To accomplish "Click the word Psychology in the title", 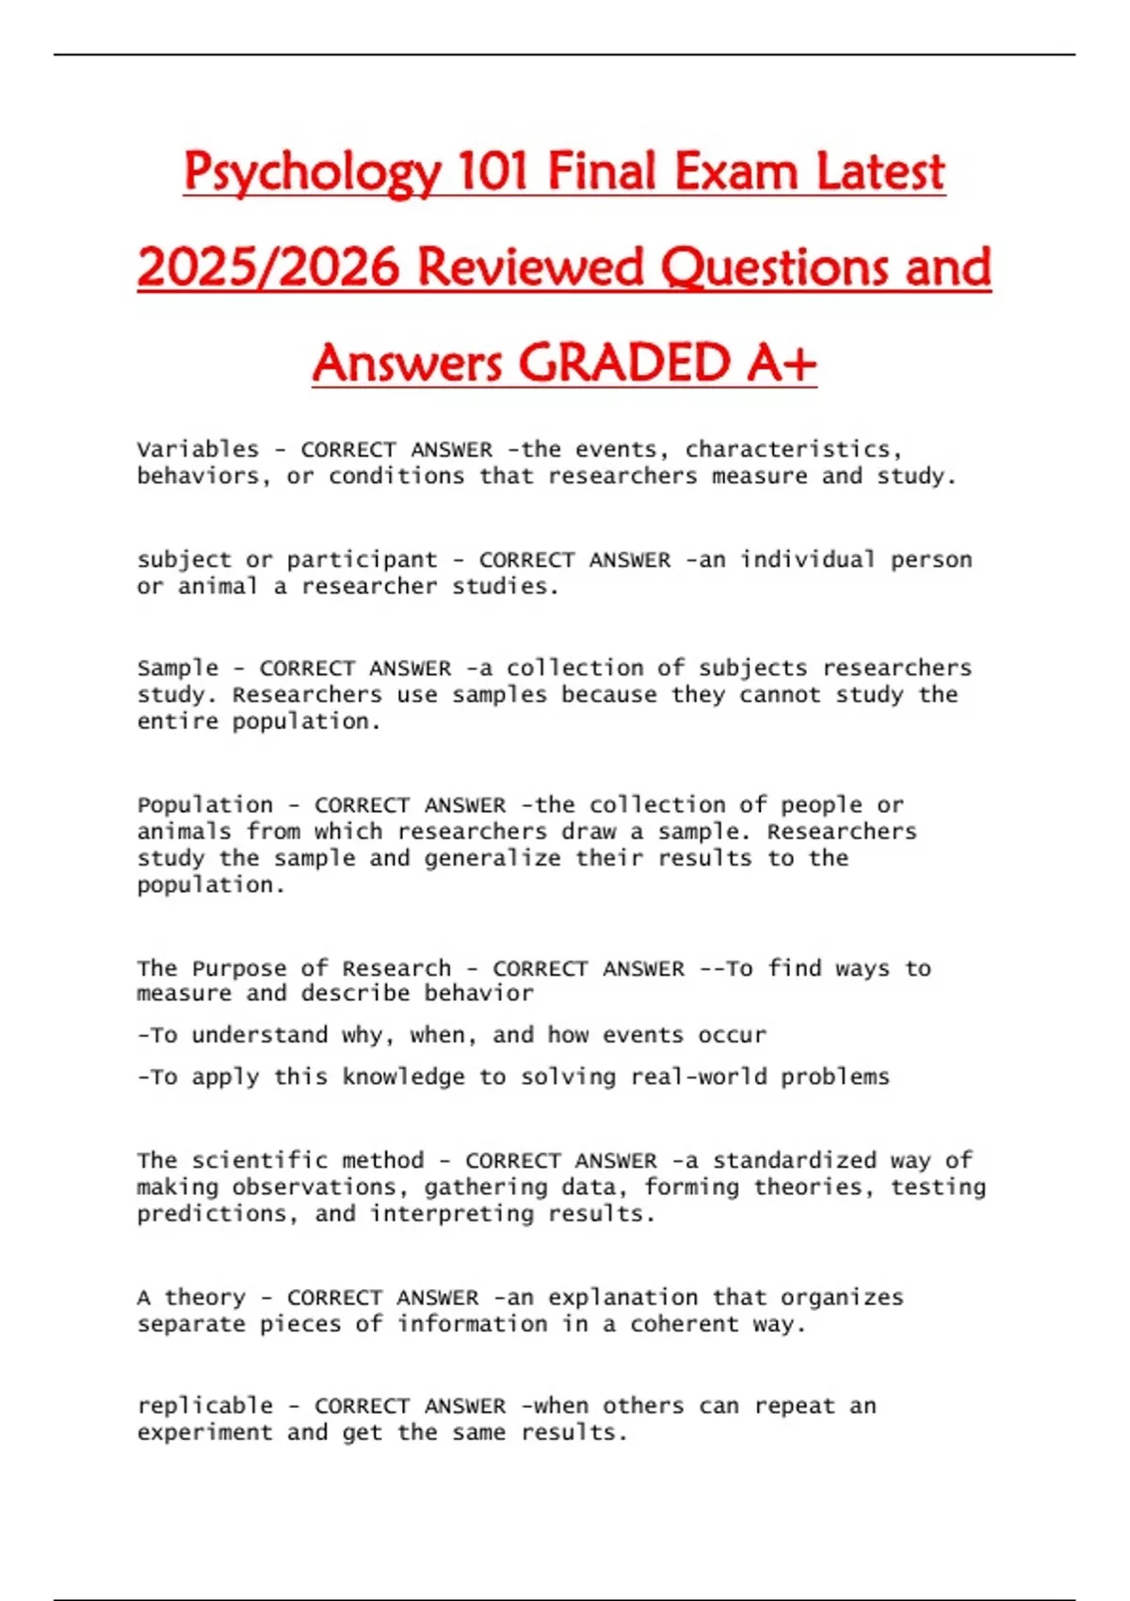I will point(312,172).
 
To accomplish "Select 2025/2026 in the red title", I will point(268,267).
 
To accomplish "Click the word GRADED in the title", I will point(623,363).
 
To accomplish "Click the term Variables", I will point(198,449).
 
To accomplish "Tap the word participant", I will point(363,559).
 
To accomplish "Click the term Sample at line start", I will point(178,668).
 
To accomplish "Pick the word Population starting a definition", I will point(205,805).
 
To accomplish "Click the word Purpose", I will point(239,968).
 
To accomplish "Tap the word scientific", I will point(260,1160).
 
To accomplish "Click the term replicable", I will point(205,1406).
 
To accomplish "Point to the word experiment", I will point(205,1433).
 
